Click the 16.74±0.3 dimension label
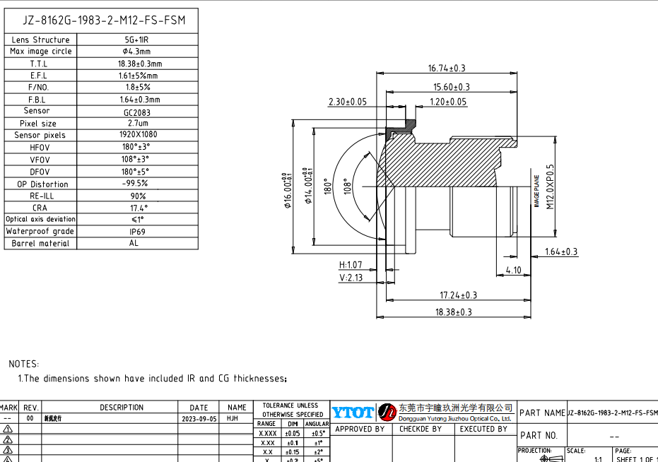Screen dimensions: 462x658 pyautogui.click(x=447, y=69)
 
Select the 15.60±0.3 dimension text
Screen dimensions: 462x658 pyautogui.click(x=452, y=87)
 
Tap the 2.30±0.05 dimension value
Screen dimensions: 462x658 pyautogui.click(x=348, y=102)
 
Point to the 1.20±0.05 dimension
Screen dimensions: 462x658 pyautogui.click(x=449, y=102)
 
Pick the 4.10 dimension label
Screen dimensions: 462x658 pyautogui.click(x=514, y=270)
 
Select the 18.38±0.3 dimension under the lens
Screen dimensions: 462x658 pyautogui.click(x=453, y=312)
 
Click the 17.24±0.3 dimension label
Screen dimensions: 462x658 pyautogui.click(x=458, y=295)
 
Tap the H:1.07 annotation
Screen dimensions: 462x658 pyautogui.click(x=351, y=265)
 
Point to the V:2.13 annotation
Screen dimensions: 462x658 pyautogui.click(x=351, y=278)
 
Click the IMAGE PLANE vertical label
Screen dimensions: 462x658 pyautogui.click(x=536, y=191)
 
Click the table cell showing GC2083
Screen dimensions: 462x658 pyautogui.click(x=136, y=112)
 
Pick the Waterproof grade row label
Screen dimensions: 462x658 pyautogui.click(x=40, y=231)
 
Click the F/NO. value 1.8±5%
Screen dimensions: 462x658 pyautogui.click(x=136, y=87)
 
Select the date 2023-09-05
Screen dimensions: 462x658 pyautogui.click(x=199, y=418)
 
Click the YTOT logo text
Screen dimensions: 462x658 pyautogui.click(x=352, y=413)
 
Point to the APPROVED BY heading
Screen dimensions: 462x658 pyautogui.click(x=360, y=429)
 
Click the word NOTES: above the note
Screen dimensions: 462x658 pyautogui.click(x=24, y=364)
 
